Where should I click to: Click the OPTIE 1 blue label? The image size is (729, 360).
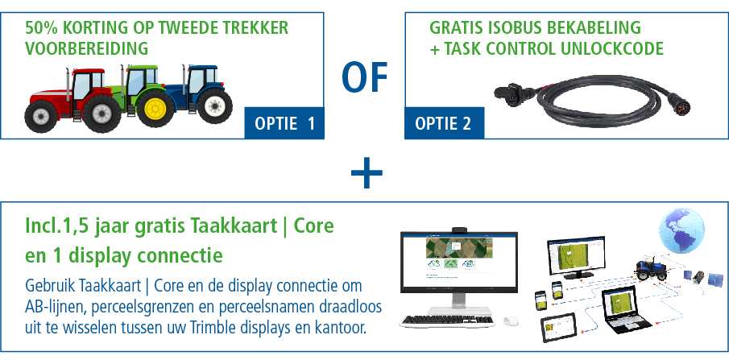(284, 123)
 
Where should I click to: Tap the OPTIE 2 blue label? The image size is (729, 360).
(444, 123)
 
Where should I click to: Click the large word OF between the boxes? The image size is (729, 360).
(364, 77)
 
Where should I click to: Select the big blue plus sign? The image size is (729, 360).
(367, 172)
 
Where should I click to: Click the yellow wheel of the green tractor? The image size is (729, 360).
(155, 108)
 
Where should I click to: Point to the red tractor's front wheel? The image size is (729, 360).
(41, 116)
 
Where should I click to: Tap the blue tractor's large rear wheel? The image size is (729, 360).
(214, 106)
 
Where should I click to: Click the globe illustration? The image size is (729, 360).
(681, 230)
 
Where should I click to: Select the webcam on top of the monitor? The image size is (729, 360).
(459, 230)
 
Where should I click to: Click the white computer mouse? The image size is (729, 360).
(512, 321)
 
